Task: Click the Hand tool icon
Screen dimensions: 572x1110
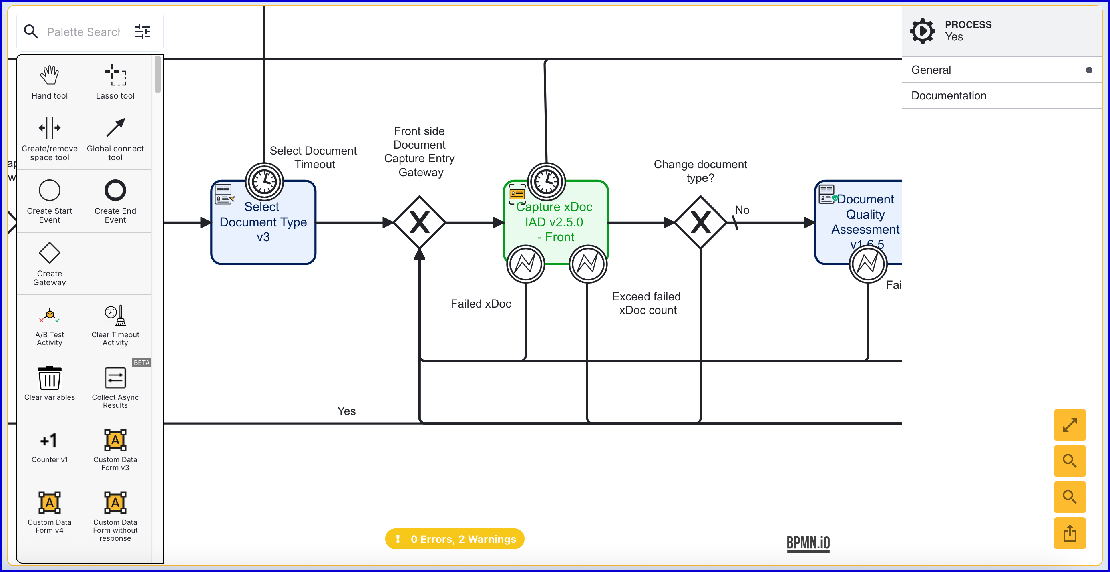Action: coord(50,75)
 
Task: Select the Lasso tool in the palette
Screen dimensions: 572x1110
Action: coord(115,75)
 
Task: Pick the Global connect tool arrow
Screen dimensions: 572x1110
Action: coord(115,128)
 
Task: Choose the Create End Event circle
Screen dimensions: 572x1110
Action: coord(115,191)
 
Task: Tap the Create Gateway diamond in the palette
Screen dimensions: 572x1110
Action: coord(50,253)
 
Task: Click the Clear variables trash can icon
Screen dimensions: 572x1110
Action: coord(50,378)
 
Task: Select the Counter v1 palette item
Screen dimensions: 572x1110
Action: coord(50,441)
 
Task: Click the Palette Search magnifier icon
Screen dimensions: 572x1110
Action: coord(31,32)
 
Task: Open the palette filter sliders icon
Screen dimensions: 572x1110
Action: coord(143,32)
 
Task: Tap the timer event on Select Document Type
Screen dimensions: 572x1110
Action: coord(264,181)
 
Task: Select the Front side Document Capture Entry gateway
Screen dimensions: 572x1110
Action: coord(419,222)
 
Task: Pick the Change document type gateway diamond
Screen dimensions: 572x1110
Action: coord(700,222)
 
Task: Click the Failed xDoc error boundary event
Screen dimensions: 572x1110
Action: coord(525,264)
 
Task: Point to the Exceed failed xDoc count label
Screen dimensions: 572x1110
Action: coord(646,304)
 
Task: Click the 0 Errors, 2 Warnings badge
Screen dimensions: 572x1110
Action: coord(454,539)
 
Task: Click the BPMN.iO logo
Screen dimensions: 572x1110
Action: coord(808,543)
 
